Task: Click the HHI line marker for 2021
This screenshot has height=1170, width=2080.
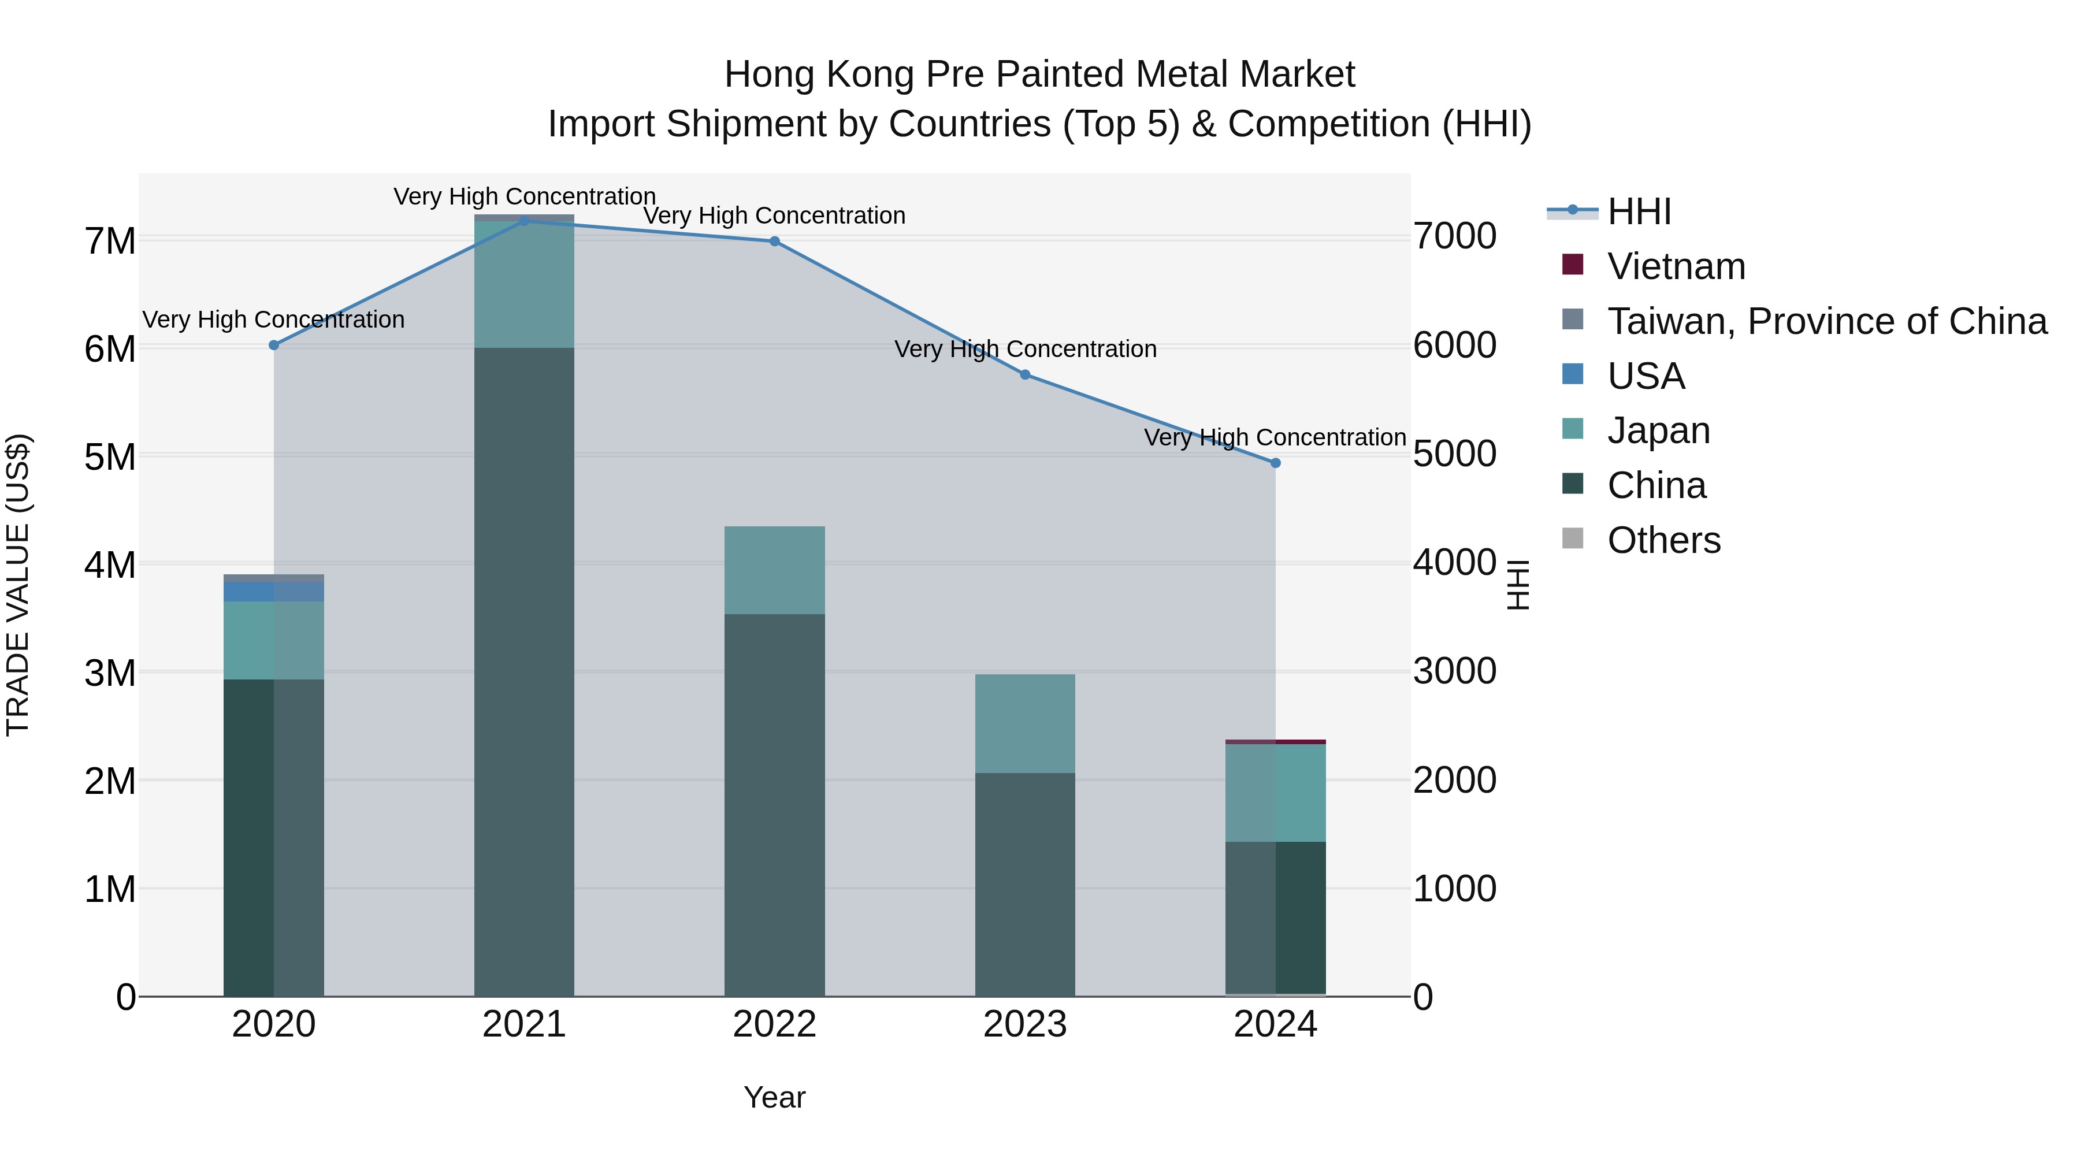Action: click(x=524, y=221)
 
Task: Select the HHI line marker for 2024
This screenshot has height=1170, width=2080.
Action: click(x=1276, y=463)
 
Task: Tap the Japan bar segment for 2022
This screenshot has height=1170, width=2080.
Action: click(x=774, y=570)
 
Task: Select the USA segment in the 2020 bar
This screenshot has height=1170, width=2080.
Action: click(x=274, y=591)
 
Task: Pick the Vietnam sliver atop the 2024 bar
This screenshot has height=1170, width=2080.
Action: click(x=1276, y=741)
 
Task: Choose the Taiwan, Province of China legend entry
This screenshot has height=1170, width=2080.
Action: click(x=1826, y=321)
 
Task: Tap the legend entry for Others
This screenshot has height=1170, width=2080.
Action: click(x=1663, y=540)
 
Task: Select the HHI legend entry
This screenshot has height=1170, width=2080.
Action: click(x=1639, y=211)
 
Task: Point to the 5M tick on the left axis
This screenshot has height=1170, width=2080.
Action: click(x=110, y=457)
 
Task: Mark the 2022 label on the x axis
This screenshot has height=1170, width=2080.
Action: click(x=774, y=1024)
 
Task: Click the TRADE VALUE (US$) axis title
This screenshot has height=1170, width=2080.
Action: click(x=18, y=585)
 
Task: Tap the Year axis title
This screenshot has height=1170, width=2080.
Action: click(x=774, y=1097)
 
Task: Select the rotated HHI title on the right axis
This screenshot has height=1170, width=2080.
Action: click(x=1518, y=585)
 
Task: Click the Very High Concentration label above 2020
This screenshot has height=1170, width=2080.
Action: click(x=274, y=320)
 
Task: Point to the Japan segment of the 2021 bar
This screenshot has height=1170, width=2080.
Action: click(x=524, y=284)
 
